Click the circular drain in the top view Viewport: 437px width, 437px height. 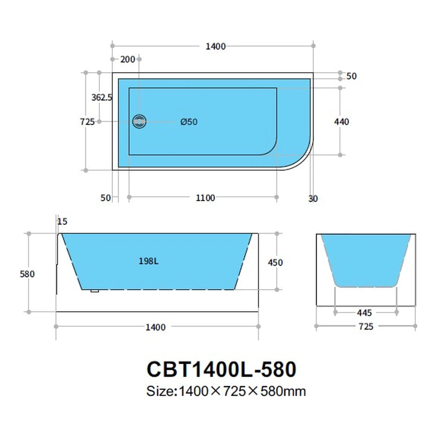139,122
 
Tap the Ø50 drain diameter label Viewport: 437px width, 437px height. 189,122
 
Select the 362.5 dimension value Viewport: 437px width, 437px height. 102,98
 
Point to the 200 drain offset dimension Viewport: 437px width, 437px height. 128,59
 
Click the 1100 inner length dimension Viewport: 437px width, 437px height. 205,198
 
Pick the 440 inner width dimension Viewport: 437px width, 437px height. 341,122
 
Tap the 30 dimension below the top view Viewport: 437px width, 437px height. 313,199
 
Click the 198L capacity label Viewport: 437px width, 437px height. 149,261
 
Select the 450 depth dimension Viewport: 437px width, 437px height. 275,263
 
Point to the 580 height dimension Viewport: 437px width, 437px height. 27,274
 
